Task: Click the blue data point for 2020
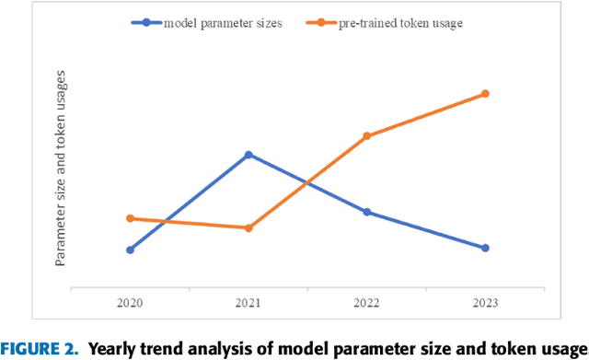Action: click(x=130, y=250)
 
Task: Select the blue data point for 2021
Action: click(x=248, y=155)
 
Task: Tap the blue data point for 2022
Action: click(x=367, y=212)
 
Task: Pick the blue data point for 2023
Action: click(x=485, y=248)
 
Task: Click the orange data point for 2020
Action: click(x=130, y=218)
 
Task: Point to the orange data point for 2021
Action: click(x=248, y=227)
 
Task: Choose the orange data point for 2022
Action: click(x=367, y=136)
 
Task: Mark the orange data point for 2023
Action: click(x=485, y=94)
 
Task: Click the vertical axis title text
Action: click(x=61, y=180)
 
